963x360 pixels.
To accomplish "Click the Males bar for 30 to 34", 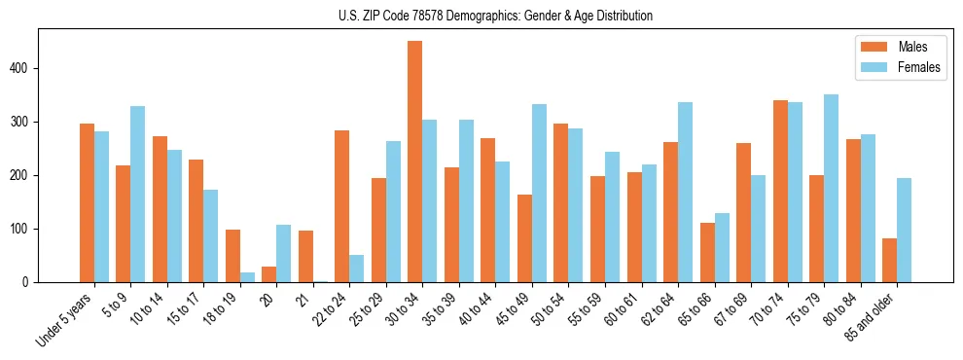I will [415, 162].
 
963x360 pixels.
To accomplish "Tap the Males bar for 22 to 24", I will [342, 206].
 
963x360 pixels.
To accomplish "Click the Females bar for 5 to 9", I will [137, 195].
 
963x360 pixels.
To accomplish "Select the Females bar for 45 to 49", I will [539, 193].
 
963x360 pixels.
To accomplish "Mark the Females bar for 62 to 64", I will [685, 192].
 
